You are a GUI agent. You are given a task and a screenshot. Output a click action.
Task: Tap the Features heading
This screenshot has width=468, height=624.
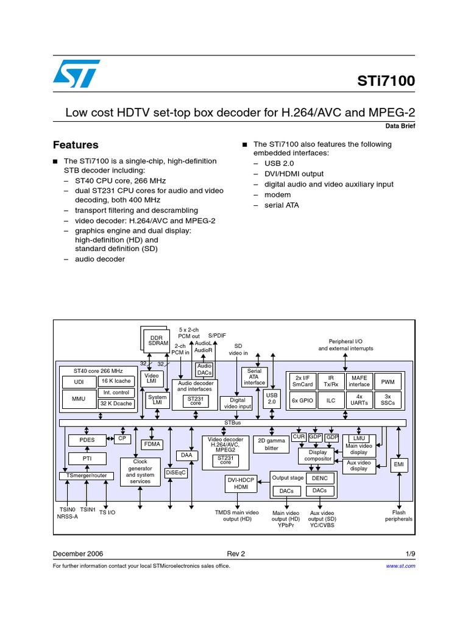[76, 145]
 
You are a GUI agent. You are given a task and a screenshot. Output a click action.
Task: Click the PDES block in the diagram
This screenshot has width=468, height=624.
[87, 439]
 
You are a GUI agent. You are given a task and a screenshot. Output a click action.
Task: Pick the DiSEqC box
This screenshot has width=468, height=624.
[175, 472]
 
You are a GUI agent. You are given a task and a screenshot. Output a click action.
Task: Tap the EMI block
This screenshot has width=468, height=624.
[399, 465]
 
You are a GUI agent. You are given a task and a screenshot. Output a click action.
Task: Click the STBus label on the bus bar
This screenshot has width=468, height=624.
[233, 422]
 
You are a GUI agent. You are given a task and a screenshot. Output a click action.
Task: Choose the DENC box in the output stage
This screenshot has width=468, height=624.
[319, 478]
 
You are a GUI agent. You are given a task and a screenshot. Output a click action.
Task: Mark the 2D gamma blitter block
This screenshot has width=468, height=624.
[272, 444]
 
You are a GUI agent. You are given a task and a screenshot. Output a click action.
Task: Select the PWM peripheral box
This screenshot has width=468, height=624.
[388, 381]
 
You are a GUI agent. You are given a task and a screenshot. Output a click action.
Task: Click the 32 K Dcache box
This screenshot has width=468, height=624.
[116, 403]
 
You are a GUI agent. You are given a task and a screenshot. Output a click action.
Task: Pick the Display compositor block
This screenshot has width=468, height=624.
[318, 455]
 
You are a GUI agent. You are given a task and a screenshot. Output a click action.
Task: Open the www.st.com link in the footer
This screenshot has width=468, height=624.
[400, 566]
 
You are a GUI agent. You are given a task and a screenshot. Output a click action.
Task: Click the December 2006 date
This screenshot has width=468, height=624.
[78, 554]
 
